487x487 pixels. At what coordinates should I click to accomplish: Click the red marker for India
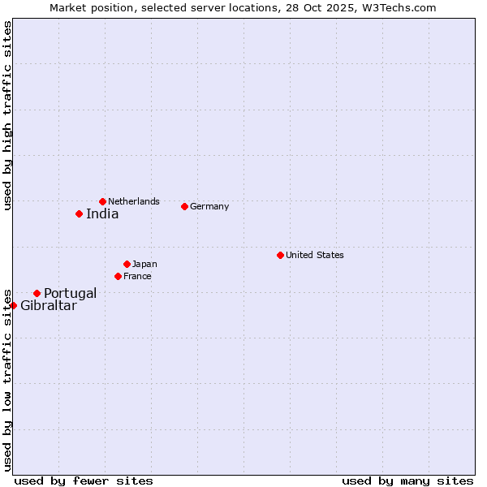pos(79,213)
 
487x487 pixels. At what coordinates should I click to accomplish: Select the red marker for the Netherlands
pos(102,201)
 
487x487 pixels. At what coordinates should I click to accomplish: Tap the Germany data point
pos(184,206)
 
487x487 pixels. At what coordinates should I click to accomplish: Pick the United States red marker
pos(280,255)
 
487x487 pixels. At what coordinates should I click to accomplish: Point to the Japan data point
pos(127,264)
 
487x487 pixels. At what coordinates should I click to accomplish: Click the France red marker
pos(119,276)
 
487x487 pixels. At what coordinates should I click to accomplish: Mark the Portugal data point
pos(37,293)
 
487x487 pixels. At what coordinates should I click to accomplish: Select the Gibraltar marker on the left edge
pos(14,305)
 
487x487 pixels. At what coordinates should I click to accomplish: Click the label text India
pos(102,214)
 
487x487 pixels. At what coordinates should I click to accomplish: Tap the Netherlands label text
pos(134,201)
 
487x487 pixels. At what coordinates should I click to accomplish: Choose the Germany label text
pos(209,206)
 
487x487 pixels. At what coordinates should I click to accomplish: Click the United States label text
pos(315,255)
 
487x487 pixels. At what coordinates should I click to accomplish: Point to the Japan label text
pos(144,264)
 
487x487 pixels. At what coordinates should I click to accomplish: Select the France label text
pos(137,276)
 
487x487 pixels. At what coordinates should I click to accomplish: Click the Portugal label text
pos(70,294)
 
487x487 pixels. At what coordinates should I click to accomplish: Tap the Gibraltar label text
pos(49,306)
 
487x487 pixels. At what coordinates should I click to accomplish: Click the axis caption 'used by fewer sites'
pos(84,481)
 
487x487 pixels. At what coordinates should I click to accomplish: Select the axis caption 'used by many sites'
pos(407,481)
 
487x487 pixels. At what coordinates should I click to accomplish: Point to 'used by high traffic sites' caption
pos(8,115)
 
